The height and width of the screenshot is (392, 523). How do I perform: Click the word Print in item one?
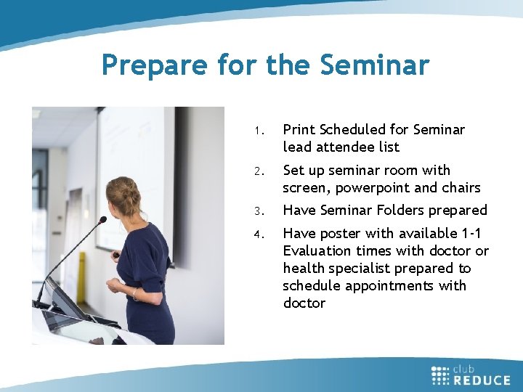tap(299, 130)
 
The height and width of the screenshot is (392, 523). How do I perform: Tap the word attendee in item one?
tap(346, 147)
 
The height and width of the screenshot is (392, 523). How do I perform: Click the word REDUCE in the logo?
tap(481, 379)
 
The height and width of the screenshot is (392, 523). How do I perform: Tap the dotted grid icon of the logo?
tap(440, 374)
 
